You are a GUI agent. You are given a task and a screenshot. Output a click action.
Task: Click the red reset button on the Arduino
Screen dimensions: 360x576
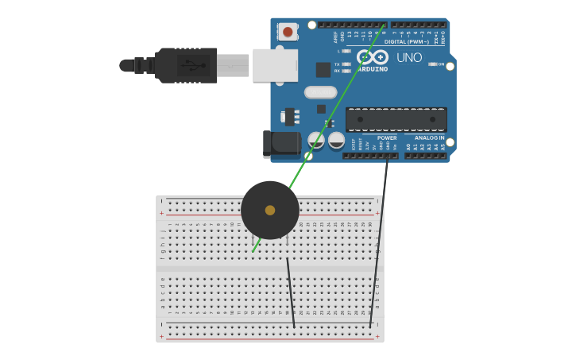287,32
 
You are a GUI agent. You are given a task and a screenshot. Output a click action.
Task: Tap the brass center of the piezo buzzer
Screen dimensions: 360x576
270,210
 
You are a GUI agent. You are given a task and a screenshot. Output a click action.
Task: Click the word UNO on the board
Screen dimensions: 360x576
409,58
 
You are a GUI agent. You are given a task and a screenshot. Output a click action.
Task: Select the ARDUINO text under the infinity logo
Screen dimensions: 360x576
373,69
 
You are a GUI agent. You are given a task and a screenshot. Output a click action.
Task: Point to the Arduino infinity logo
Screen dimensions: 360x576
372,57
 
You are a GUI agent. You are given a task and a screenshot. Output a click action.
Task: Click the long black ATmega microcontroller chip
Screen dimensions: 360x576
396,119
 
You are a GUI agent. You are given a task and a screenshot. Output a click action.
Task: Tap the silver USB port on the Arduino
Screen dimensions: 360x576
275,65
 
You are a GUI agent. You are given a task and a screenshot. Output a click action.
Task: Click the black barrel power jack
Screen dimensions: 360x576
281,144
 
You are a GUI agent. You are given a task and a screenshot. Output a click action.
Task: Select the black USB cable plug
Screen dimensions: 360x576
187,65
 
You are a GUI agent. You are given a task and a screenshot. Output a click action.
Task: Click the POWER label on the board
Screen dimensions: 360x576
387,137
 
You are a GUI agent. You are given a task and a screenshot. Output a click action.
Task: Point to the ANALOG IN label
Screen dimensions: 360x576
429,137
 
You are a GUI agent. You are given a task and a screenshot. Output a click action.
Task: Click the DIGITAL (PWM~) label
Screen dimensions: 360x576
406,41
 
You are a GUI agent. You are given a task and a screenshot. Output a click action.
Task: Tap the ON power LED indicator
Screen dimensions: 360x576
434,64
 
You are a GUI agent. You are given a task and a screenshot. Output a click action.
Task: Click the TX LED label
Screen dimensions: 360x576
337,64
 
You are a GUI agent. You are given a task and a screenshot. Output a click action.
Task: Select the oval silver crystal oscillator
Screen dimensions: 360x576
320,92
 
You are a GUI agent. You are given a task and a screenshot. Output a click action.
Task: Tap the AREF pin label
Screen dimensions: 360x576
335,37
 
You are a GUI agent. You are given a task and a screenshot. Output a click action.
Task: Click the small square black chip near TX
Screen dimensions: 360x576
323,70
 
